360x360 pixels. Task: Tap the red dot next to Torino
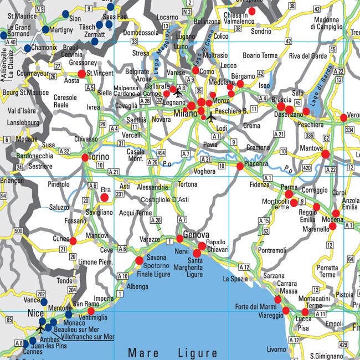(85, 158)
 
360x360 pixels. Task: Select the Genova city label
(196, 234)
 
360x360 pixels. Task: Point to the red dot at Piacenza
(240, 166)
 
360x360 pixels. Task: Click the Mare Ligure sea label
(173, 353)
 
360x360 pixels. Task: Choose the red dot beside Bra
(104, 197)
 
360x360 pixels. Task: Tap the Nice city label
(35, 314)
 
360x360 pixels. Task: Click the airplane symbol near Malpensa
(178, 92)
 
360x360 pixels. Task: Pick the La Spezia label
(235, 279)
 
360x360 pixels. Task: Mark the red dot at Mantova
(325, 153)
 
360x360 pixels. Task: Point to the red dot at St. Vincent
(82, 74)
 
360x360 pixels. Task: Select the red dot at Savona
(139, 260)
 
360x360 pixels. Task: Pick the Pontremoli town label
(272, 250)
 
